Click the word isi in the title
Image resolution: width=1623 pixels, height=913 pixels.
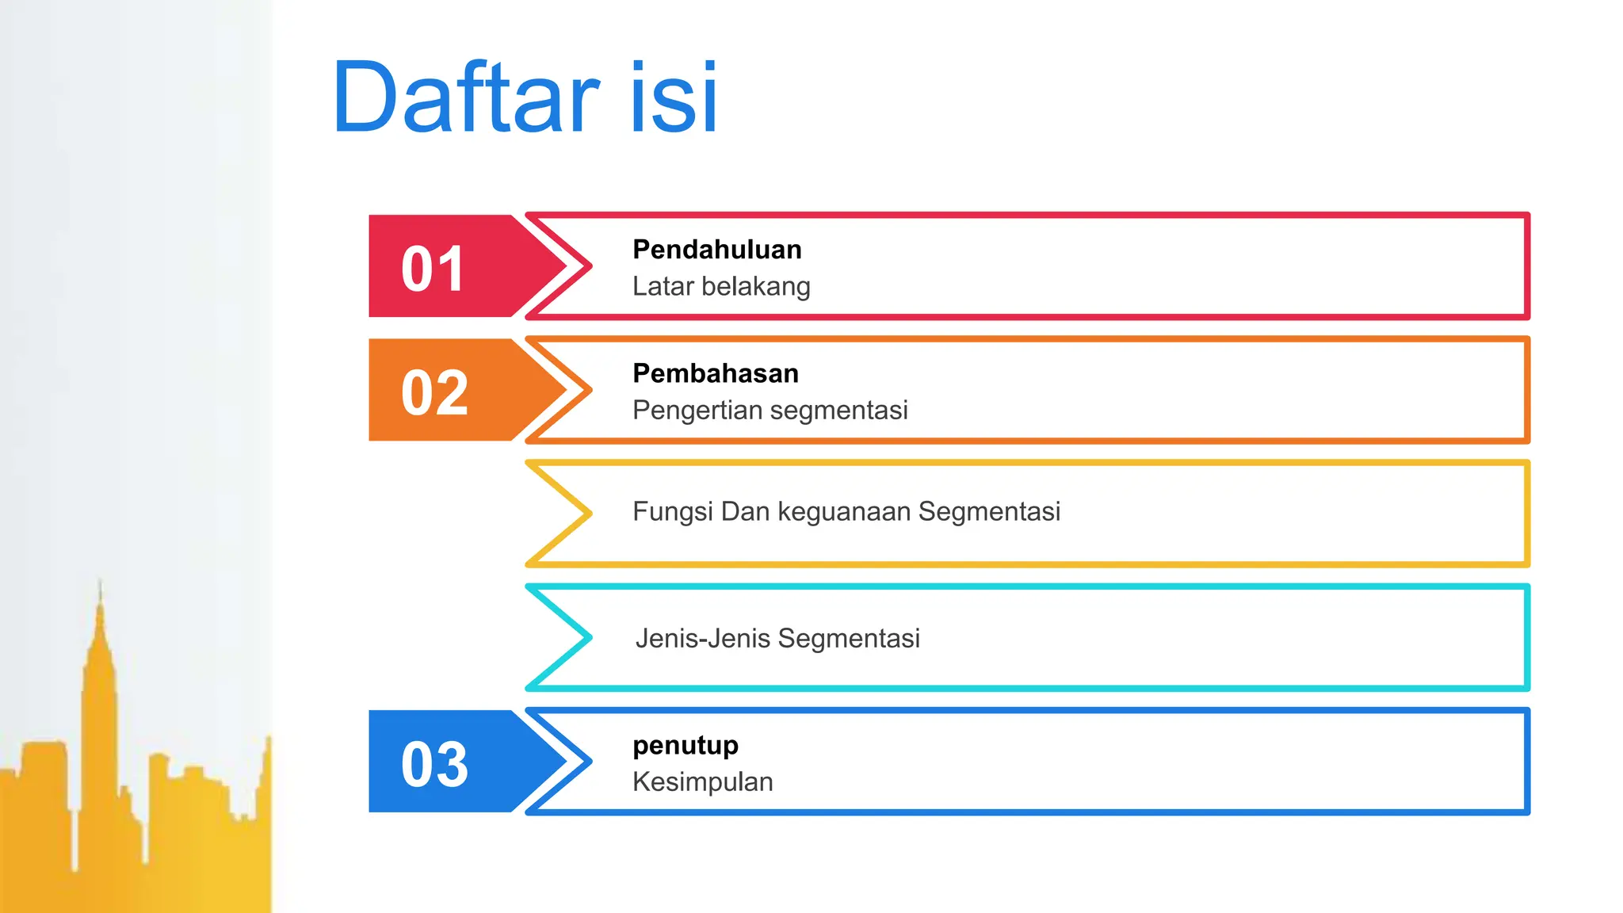click(x=674, y=98)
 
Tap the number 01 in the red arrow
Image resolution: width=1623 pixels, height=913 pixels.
click(x=433, y=269)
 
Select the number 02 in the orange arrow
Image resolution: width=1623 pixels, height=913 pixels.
click(x=434, y=392)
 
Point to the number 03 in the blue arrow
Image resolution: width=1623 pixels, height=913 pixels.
click(x=434, y=764)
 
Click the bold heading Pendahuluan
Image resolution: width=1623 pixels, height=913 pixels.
click(x=716, y=250)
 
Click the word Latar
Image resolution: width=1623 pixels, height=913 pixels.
click(x=663, y=286)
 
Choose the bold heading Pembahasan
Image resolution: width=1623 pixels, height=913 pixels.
click(x=715, y=373)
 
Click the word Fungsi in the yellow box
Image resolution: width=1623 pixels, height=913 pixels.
click(x=673, y=512)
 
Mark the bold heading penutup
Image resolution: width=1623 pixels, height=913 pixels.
click(x=685, y=745)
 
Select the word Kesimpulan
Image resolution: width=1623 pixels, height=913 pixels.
click(x=702, y=782)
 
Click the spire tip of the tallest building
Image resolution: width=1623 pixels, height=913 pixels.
click(x=100, y=583)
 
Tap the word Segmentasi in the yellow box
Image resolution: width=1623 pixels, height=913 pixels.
click(x=989, y=512)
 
